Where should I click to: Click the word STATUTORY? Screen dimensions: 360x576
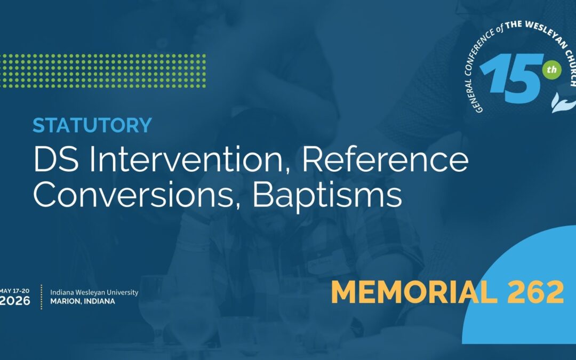point(92,125)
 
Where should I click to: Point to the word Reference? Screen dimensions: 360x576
point(390,159)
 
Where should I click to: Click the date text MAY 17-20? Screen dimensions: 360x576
point(15,291)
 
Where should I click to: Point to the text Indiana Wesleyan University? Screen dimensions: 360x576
point(94,292)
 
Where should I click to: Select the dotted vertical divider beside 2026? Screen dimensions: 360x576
point(42,297)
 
